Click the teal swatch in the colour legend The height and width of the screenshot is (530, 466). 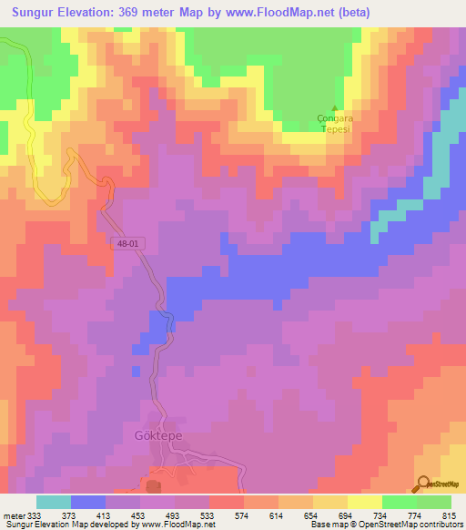[x=54, y=502]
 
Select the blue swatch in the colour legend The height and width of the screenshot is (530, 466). [x=88, y=502]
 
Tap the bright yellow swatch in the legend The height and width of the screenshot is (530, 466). [x=365, y=502]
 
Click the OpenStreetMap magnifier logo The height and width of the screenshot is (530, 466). [x=424, y=483]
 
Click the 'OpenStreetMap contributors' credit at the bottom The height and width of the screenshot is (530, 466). [x=398, y=525]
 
